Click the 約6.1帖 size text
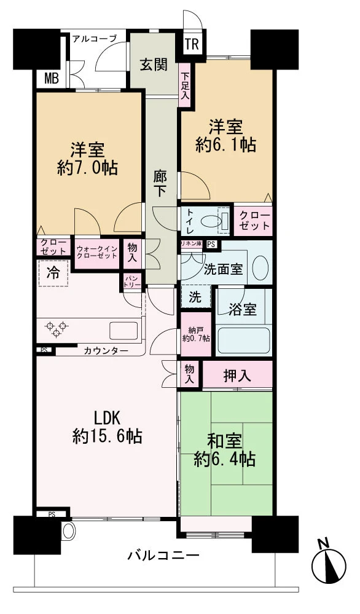pyautogui.click(x=225, y=145)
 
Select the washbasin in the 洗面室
pyautogui.click(x=260, y=268)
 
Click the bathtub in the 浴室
pyautogui.click(x=244, y=340)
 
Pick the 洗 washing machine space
pyautogui.click(x=195, y=297)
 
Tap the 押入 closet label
pyautogui.click(x=237, y=376)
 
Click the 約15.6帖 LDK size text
pyautogui.click(x=107, y=436)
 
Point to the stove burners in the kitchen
pyautogui.click(x=53, y=329)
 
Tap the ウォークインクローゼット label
pyautogui.click(x=96, y=253)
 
